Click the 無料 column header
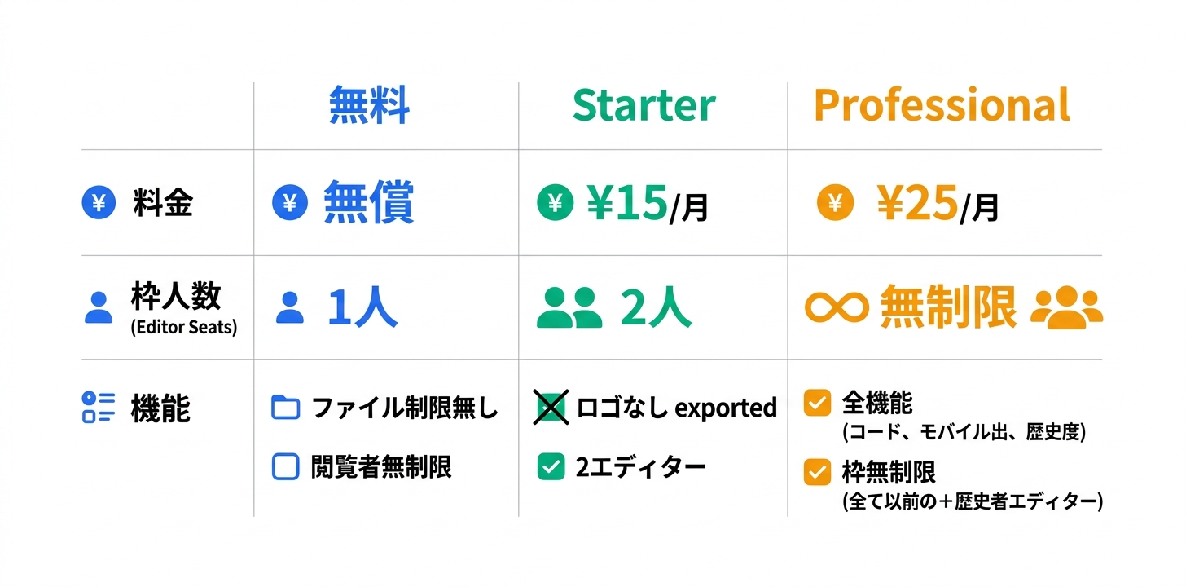(369, 106)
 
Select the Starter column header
(644, 106)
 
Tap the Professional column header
(941, 106)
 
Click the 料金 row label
(163, 203)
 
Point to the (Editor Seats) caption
(183, 329)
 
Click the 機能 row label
(160, 408)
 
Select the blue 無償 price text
(368, 203)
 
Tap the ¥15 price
(627, 203)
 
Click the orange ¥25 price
(916, 203)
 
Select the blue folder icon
(285, 407)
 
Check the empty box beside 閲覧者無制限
(285, 466)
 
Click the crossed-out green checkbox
(551, 407)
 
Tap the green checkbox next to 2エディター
(551, 466)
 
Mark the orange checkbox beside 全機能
(817, 403)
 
